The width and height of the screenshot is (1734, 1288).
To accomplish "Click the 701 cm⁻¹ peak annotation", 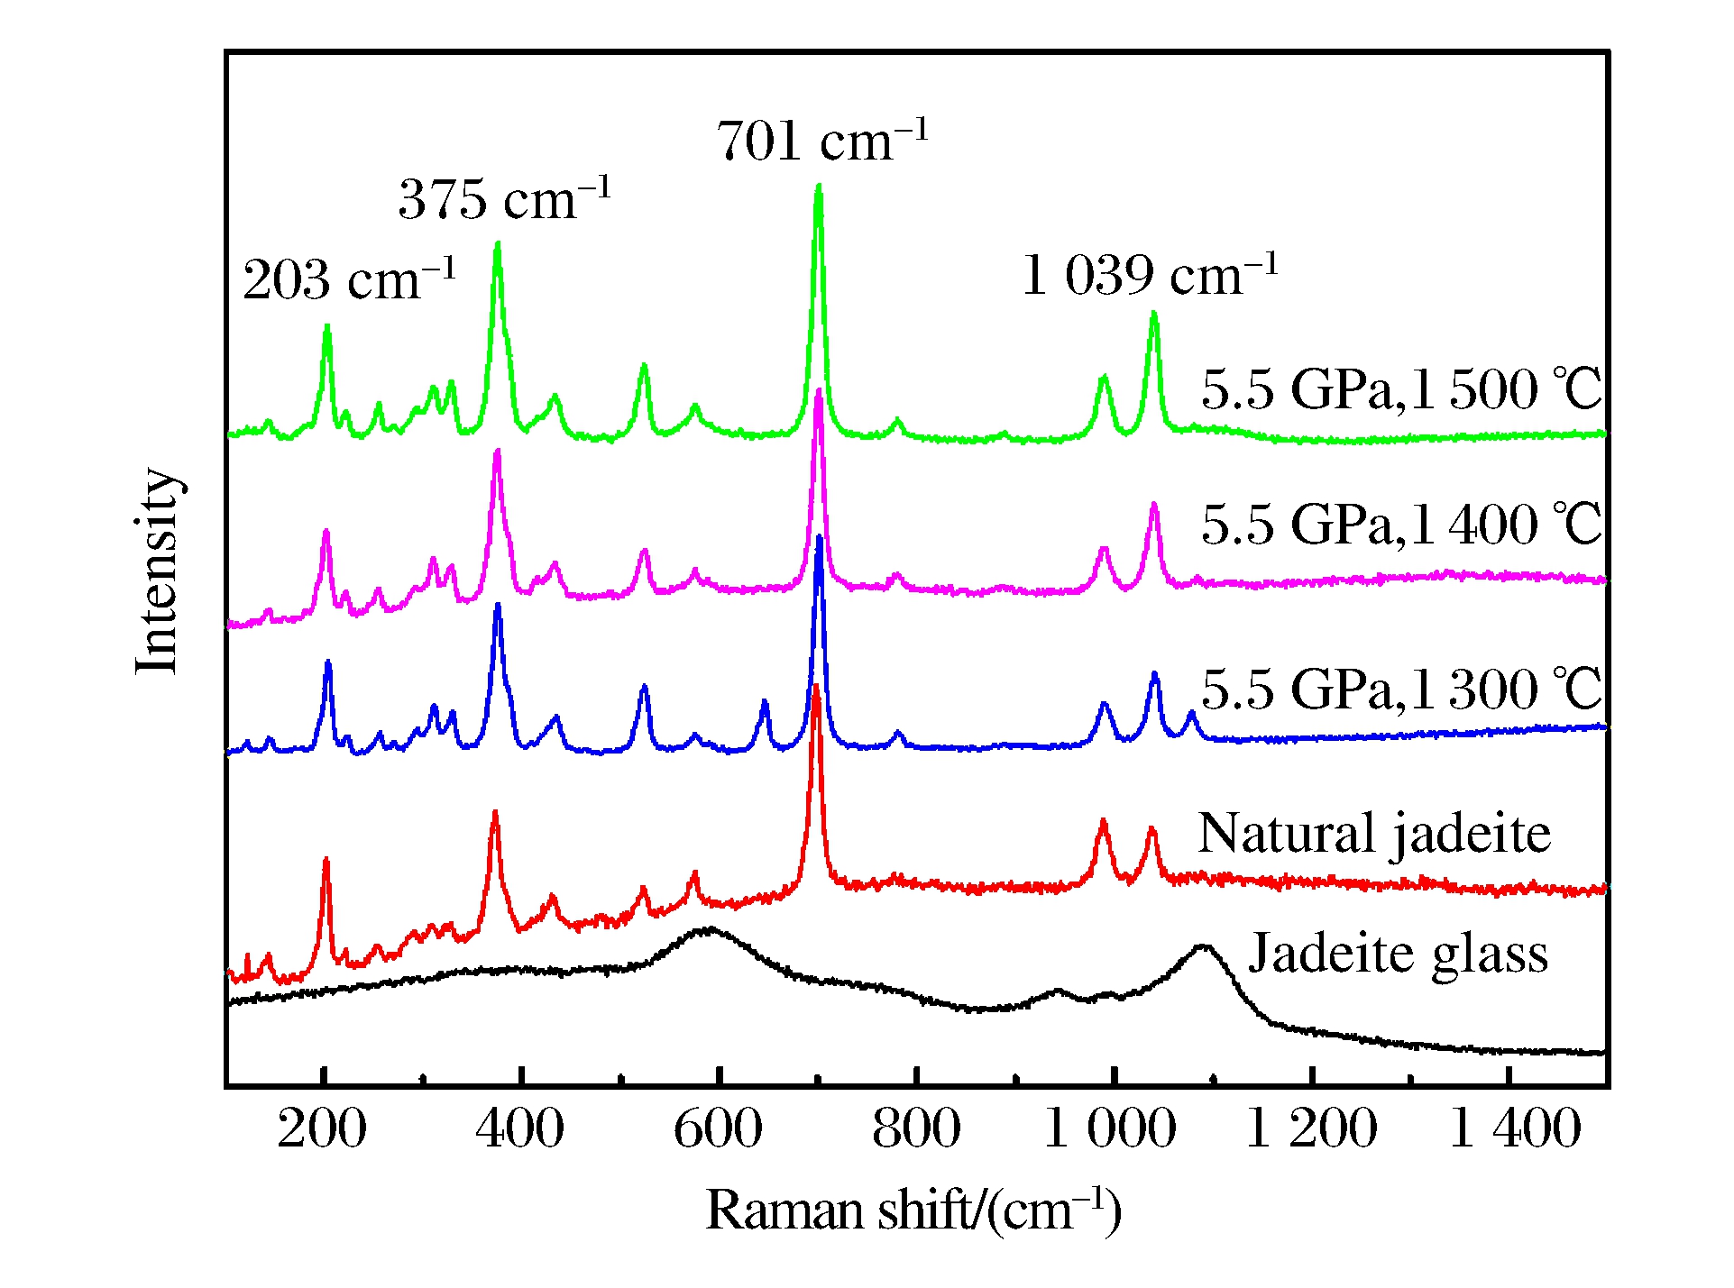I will (821, 142).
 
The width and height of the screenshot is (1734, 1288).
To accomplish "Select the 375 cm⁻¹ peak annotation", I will (504, 198).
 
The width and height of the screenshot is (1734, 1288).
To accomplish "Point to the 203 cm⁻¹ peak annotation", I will (349, 279).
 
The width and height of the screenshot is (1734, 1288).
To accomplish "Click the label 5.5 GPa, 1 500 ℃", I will (1400, 389).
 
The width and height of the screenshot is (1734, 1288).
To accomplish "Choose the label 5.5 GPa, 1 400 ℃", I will (1400, 524).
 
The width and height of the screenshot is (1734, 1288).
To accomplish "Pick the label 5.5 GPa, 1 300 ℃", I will (1400, 689).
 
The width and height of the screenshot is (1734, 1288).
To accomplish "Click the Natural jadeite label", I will (1373, 833).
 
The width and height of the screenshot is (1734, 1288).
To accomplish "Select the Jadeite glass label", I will (1398, 953).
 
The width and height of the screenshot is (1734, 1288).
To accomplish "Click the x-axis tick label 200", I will (322, 1128).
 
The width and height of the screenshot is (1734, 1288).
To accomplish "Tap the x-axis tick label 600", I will (718, 1128).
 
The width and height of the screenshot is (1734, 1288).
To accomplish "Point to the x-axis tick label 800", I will (916, 1128).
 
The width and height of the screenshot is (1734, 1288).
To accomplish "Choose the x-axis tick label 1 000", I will (1109, 1128).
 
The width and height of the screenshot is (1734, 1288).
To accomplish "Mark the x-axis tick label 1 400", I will (1514, 1128).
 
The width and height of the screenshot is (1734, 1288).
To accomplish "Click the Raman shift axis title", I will (913, 1210).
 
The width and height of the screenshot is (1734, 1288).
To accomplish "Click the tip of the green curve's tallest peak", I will (819, 186).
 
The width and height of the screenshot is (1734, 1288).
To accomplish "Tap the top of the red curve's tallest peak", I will (816, 687).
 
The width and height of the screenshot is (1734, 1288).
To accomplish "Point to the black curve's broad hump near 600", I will (711, 928).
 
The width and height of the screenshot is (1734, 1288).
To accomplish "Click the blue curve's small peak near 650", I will (765, 701).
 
